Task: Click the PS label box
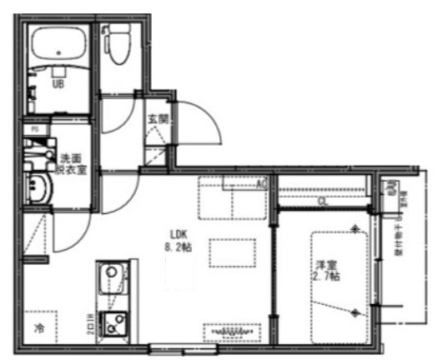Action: (35, 130)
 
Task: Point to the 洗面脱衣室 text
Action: (70, 162)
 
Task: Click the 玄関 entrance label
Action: (158, 118)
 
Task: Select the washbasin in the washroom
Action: (38, 190)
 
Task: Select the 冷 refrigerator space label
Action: (38, 327)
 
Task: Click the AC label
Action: (260, 184)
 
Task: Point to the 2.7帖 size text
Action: (326, 277)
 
